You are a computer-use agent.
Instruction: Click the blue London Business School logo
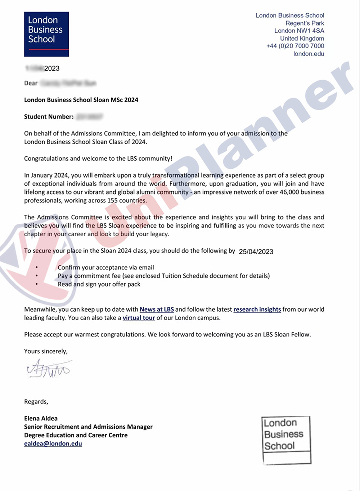(46, 34)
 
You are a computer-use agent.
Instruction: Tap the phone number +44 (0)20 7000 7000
(295, 46)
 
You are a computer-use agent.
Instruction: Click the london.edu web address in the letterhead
(309, 54)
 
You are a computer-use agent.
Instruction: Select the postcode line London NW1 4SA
(299, 31)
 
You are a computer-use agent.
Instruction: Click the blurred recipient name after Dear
(68, 83)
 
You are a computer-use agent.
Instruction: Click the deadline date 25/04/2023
(256, 251)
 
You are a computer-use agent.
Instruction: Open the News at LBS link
(157, 309)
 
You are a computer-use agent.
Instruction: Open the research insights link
(257, 309)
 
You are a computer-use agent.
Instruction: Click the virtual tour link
(139, 318)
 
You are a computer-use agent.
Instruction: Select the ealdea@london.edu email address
(53, 443)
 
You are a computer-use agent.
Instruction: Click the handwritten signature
(49, 369)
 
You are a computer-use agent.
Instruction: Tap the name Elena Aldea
(41, 418)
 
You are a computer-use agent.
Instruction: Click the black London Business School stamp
(286, 440)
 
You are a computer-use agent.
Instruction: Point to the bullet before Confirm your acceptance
(37, 268)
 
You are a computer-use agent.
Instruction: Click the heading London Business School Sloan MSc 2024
(81, 100)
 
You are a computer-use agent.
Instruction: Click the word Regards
(36, 402)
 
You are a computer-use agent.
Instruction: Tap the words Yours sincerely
(46, 351)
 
